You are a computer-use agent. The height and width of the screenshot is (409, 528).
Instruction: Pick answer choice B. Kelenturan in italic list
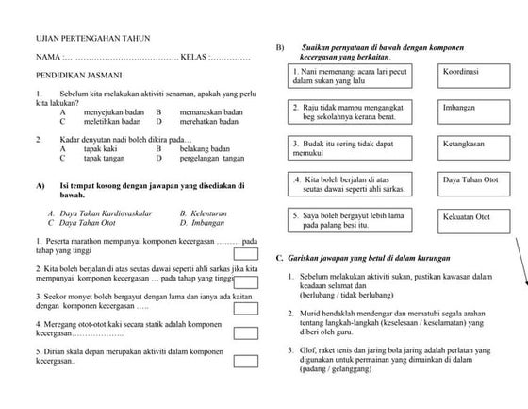[203, 214]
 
